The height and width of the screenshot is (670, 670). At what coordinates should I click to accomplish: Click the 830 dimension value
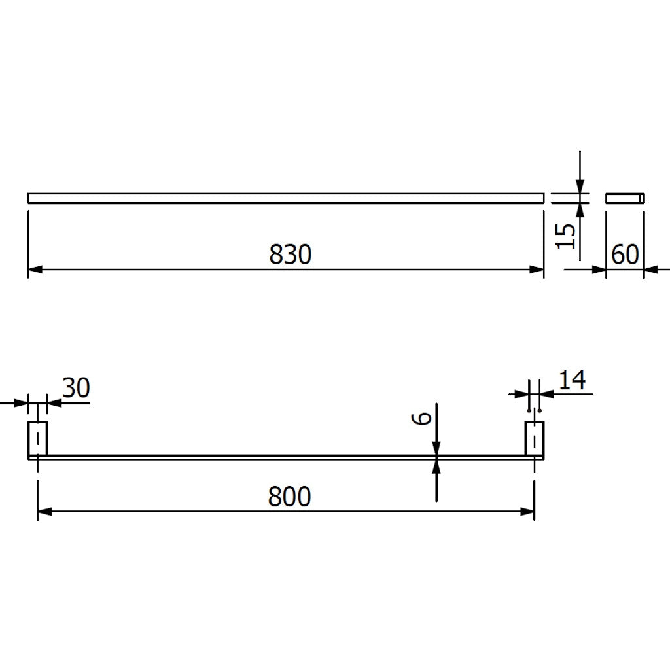pyautogui.click(x=290, y=254)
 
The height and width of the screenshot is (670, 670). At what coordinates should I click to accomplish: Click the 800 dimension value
pyautogui.click(x=289, y=497)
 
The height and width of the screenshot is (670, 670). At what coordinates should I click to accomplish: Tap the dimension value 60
pyautogui.click(x=625, y=255)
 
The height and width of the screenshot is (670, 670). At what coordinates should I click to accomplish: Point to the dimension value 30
pyautogui.click(x=76, y=388)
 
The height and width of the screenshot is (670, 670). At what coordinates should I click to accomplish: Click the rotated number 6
pyautogui.click(x=424, y=417)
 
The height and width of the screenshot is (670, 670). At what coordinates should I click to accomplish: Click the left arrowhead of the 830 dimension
pyautogui.click(x=35, y=269)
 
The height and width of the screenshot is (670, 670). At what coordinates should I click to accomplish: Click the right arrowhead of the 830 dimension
pyautogui.click(x=537, y=269)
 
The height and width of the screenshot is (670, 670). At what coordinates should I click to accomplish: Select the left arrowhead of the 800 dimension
pyautogui.click(x=44, y=511)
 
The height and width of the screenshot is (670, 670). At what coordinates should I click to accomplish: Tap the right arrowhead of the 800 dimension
pyautogui.click(x=528, y=511)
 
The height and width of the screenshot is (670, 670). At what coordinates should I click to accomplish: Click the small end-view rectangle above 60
pyautogui.click(x=626, y=198)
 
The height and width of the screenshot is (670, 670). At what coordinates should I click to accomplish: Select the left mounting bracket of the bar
pyautogui.click(x=38, y=438)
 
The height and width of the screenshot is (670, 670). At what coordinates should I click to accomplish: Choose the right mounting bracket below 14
pyautogui.click(x=535, y=438)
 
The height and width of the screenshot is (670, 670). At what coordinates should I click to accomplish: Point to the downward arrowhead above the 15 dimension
pyautogui.click(x=580, y=186)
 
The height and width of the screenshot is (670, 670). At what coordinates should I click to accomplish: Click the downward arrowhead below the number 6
pyautogui.click(x=436, y=448)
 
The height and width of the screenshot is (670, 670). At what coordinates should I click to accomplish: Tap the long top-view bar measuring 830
pyautogui.click(x=286, y=198)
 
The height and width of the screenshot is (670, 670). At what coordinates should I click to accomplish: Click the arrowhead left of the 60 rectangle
pyautogui.click(x=599, y=269)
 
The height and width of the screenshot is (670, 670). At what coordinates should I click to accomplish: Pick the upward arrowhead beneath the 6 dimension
pyautogui.click(x=436, y=467)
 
